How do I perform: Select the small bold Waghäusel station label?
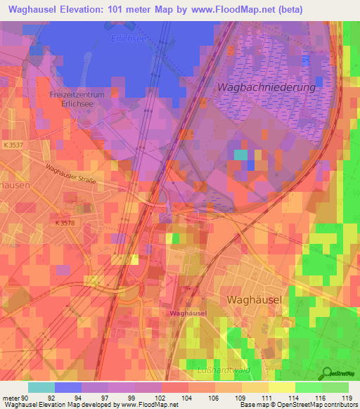click(x=186, y=311)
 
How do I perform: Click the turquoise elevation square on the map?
click(x=240, y=155)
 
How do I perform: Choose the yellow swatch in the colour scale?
click(x=281, y=387)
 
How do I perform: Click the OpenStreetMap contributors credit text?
click(x=311, y=403)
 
